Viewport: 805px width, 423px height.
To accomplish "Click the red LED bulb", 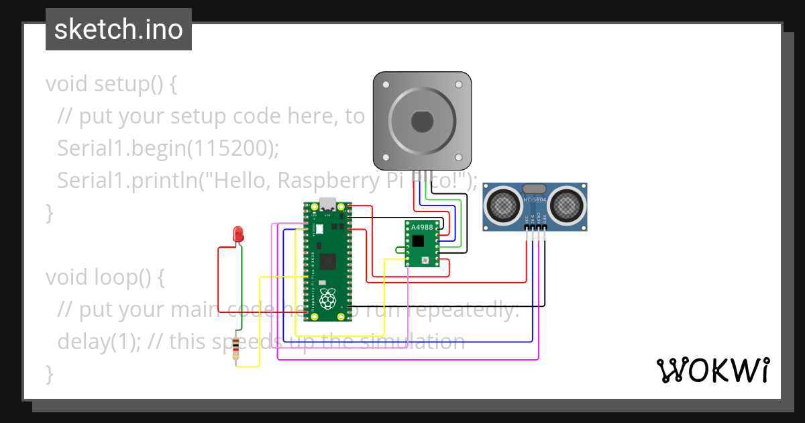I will [237, 234].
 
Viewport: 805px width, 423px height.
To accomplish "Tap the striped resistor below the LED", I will [236, 350].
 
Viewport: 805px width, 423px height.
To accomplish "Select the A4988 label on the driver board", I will [421, 227].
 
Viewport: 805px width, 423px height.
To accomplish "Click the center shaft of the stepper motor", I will [422, 122].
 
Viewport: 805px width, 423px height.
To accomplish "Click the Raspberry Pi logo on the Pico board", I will [327, 299].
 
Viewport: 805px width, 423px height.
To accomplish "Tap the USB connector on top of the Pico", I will [328, 203].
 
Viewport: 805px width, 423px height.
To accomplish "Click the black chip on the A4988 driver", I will [419, 241].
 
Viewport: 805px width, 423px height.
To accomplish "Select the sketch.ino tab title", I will [119, 30].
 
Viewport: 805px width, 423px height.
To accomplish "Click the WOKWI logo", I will [712, 370].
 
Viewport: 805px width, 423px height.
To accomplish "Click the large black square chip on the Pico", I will [328, 261].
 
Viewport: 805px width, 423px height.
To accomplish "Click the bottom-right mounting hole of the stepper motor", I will [459, 158].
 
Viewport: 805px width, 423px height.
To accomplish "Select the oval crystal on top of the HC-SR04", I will [535, 189].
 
